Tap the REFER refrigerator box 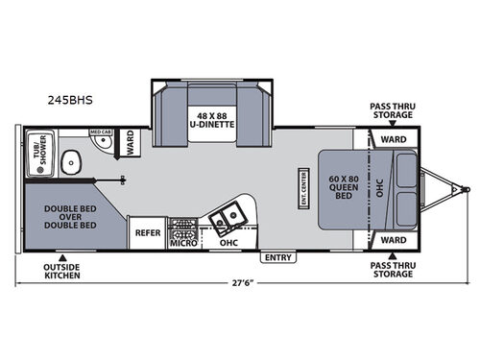147,232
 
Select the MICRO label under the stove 182,243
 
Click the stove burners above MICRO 182,228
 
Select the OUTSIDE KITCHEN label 61,271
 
